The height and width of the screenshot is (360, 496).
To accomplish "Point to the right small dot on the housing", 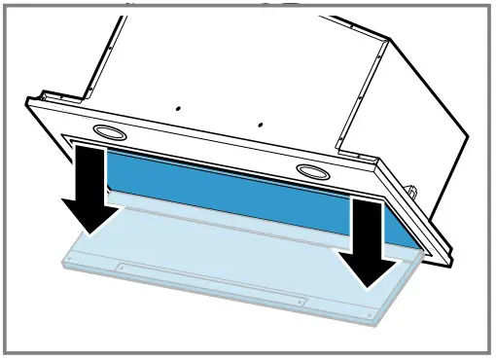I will point(260,124).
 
